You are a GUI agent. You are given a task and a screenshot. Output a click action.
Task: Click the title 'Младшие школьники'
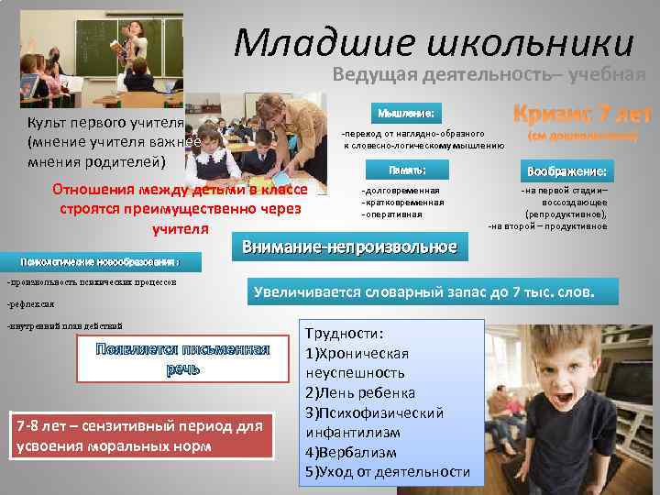click(433, 42)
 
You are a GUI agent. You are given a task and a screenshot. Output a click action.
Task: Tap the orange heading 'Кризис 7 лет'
click(582, 115)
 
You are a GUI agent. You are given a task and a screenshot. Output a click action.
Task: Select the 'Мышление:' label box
click(406, 113)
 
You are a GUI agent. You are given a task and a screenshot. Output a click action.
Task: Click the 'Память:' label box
click(406, 170)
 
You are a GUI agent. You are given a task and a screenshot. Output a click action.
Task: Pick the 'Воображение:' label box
click(565, 171)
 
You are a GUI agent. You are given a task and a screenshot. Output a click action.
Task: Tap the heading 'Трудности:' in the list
click(344, 334)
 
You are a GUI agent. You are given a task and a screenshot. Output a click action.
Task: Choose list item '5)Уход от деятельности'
click(386, 472)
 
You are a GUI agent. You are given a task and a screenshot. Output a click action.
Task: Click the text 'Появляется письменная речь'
click(184, 358)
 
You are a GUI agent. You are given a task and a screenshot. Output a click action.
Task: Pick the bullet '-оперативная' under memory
click(391, 214)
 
